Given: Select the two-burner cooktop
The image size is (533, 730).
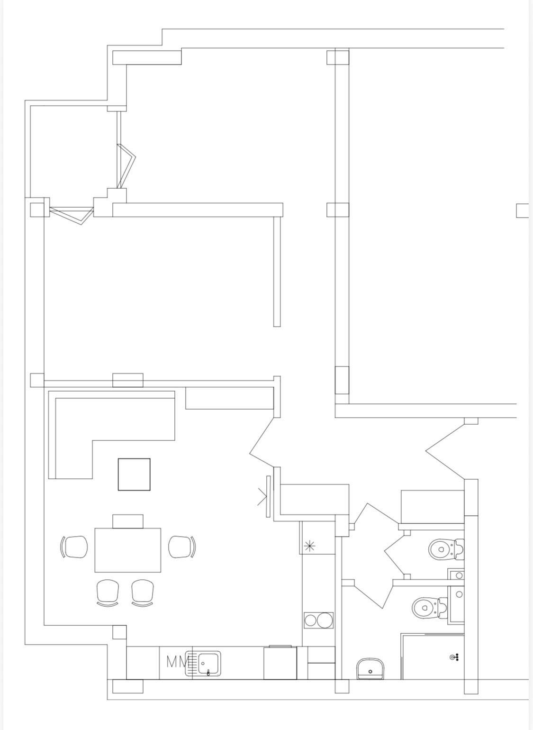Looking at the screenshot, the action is click(x=319, y=620).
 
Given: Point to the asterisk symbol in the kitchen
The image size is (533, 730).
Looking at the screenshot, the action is click(x=309, y=546).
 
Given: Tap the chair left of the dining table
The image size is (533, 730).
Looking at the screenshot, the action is click(x=74, y=547).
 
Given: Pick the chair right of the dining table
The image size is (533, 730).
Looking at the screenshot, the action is click(x=182, y=547).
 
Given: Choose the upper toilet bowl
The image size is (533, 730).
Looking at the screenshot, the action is click(x=446, y=549).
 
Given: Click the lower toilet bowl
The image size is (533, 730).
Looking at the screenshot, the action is click(x=430, y=608).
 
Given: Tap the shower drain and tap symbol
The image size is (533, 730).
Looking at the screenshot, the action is click(x=454, y=657).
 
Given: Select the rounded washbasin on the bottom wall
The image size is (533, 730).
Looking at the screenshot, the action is click(x=370, y=668).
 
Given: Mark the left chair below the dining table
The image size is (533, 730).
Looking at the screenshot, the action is click(x=108, y=593).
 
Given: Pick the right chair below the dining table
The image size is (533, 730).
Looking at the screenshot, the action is click(x=143, y=593).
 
